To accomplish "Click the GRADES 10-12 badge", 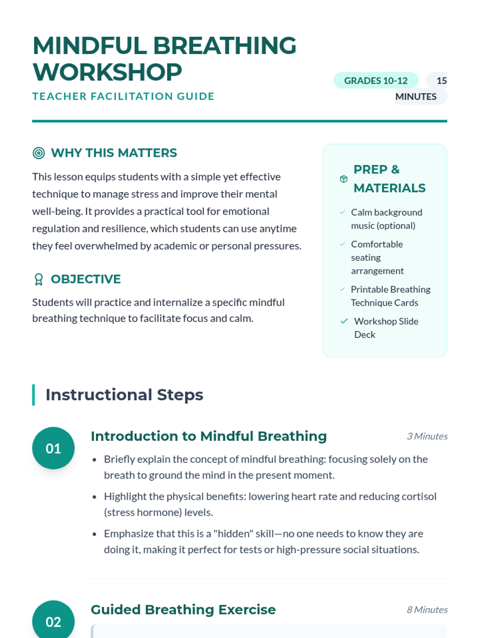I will click(x=376, y=81).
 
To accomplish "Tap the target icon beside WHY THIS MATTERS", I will click(x=39, y=153).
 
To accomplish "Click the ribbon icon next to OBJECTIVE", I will click(x=39, y=279).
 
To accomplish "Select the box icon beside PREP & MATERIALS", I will click(x=344, y=179).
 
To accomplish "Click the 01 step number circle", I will click(x=53, y=448).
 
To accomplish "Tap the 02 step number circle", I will click(x=53, y=621).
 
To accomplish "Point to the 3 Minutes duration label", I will click(x=427, y=436).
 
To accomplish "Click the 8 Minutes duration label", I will click(x=427, y=610).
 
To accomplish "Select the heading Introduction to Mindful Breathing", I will click(x=208, y=436).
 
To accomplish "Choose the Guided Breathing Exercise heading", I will click(x=183, y=610).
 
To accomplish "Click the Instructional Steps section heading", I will click(x=124, y=395).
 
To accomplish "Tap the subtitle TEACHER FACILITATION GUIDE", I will click(x=123, y=96).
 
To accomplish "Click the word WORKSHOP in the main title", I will click(x=107, y=72).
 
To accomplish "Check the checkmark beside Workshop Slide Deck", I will click(x=344, y=321).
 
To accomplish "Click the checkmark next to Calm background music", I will click(x=342, y=212).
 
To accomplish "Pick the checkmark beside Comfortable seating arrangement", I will click(x=342, y=244).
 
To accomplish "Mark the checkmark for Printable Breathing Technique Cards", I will click(x=342, y=289).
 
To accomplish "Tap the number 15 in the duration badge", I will click(x=441, y=81).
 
